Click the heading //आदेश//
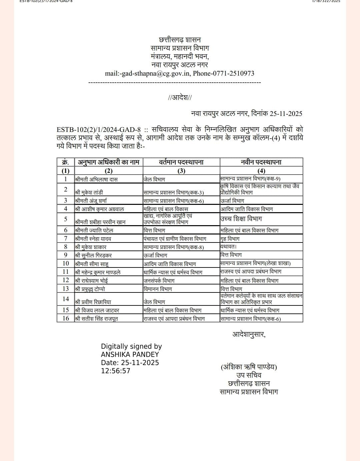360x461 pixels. (180, 98)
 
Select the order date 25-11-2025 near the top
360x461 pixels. (286, 114)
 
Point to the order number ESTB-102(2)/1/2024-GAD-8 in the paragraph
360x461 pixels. (99, 130)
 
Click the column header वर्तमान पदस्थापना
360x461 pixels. (181, 162)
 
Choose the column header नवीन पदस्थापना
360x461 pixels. (261, 162)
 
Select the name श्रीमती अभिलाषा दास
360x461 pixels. (96, 179)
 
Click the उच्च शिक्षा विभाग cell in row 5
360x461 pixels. (241, 219)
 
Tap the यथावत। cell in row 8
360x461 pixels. (228, 247)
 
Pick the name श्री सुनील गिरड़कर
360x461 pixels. (93, 255)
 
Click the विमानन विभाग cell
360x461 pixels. (158, 289)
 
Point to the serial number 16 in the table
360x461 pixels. (66, 318)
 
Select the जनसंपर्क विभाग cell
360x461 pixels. (159, 281)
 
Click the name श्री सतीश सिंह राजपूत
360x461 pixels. (96, 319)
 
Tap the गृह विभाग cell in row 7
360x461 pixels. (230, 239)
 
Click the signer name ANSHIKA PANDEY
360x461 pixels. (130, 355)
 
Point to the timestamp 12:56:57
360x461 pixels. (116, 371)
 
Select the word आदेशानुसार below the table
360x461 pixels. (249, 334)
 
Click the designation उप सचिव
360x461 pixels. (249, 375)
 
